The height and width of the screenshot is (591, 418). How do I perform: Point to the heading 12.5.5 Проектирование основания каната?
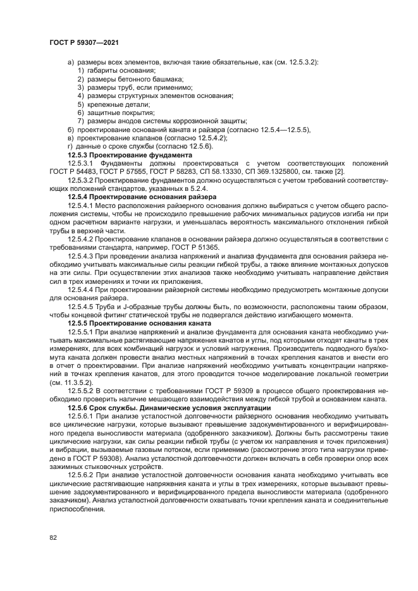pos(140,323)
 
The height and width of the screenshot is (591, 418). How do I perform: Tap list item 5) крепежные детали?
pos(114,104)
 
